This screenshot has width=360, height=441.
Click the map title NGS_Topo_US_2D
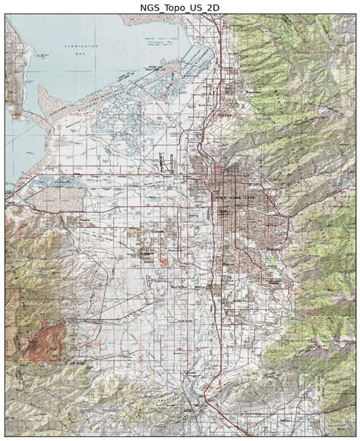click(x=179, y=7)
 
